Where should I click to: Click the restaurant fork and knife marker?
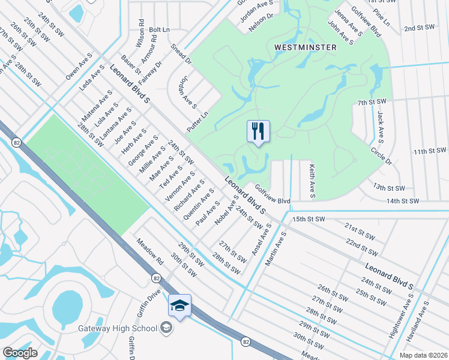click(258, 131)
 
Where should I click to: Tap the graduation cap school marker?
click(179, 305)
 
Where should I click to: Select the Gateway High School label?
click(118, 328)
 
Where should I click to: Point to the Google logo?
click(20, 353)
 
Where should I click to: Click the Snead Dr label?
click(180, 53)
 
